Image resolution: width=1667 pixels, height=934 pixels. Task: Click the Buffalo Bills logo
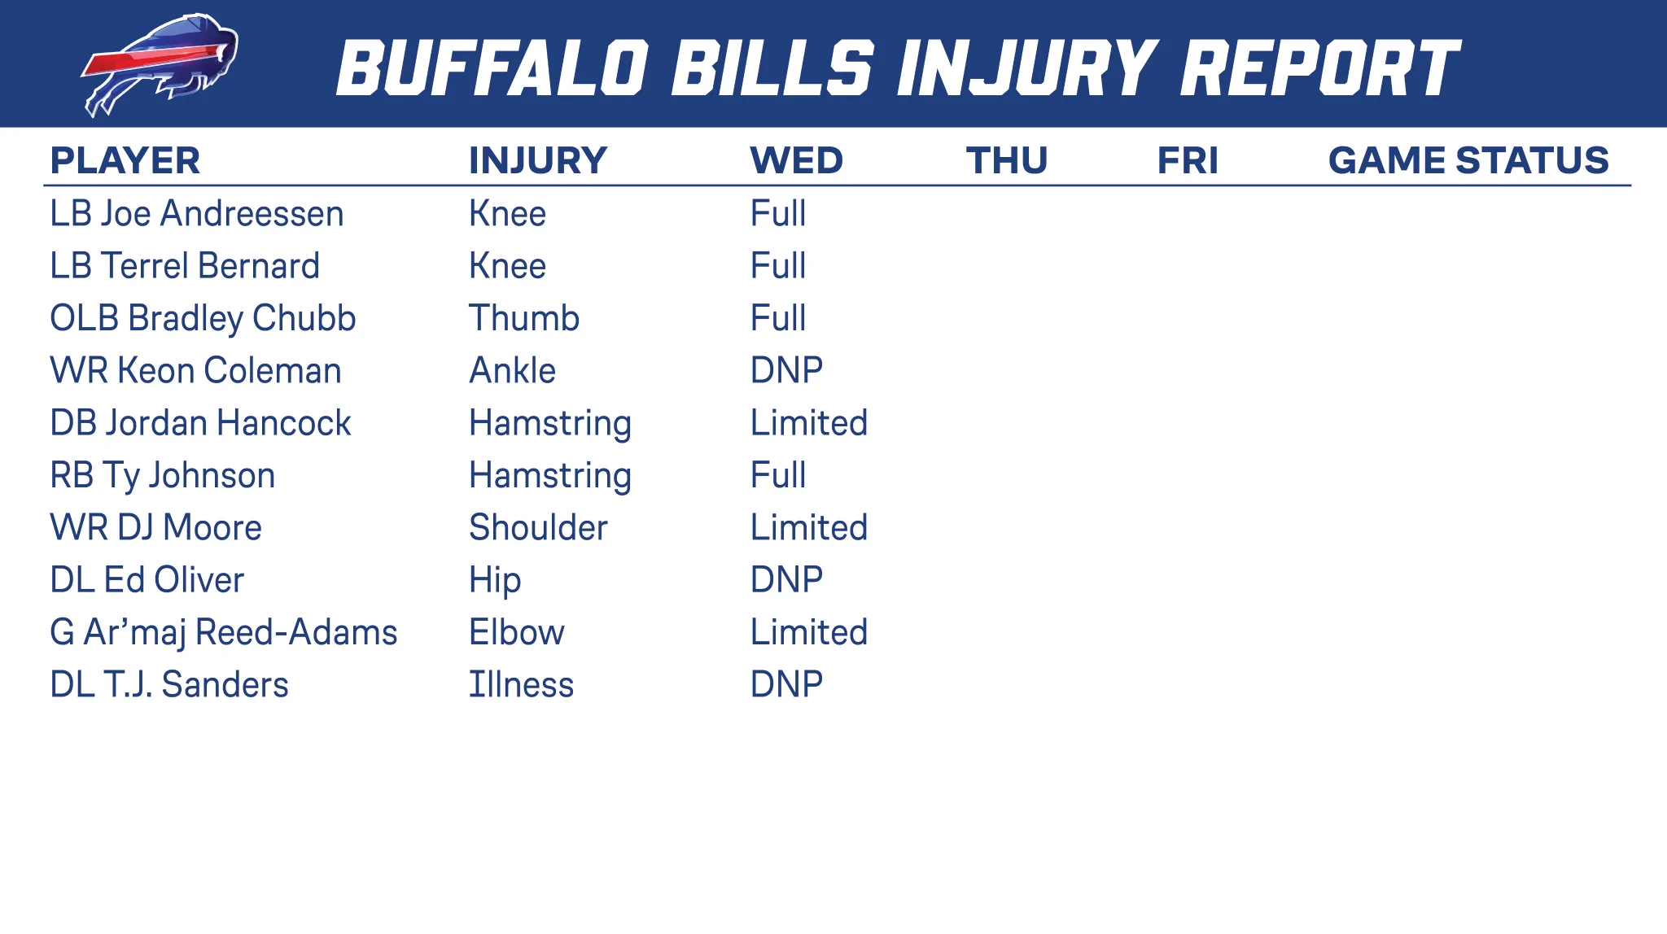(x=160, y=65)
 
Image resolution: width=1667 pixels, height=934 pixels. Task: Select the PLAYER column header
(x=125, y=160)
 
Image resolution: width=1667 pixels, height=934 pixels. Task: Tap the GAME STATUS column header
(x=1468, y=160)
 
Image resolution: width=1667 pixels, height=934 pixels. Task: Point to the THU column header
(x=1007, y=160)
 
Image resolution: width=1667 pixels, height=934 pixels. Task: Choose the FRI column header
(x=1188, y=160)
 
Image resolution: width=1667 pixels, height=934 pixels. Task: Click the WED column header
(x=796, y=160)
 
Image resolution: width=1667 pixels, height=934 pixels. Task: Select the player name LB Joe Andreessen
(x=197, y=214)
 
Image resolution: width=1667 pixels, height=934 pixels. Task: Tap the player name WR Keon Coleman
(x=195, y=371)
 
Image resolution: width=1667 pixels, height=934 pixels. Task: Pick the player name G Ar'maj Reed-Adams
(x=224, y=633)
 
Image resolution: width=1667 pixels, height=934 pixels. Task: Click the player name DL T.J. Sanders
(x=169, y=685)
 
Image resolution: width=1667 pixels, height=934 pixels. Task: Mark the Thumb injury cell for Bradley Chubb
(x=524, y=318)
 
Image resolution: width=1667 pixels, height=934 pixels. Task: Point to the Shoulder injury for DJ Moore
(x=538, y=528)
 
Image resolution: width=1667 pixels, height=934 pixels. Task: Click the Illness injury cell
(x=521, y=685)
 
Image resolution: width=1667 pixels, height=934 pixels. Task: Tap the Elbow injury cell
(x=517, y=633)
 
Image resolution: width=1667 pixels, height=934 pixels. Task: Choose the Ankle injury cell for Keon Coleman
(x=512, y=371)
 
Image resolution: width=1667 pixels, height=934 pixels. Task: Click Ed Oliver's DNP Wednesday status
(x=786, y=580)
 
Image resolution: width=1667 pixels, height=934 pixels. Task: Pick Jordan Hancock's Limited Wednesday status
(x=809, y=423)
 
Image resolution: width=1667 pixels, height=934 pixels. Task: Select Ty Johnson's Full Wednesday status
(x=778, y=475)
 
